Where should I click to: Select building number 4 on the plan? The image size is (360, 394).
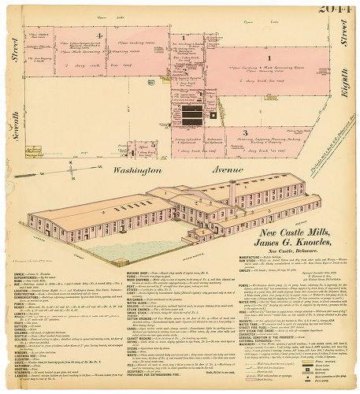click(99, 35)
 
